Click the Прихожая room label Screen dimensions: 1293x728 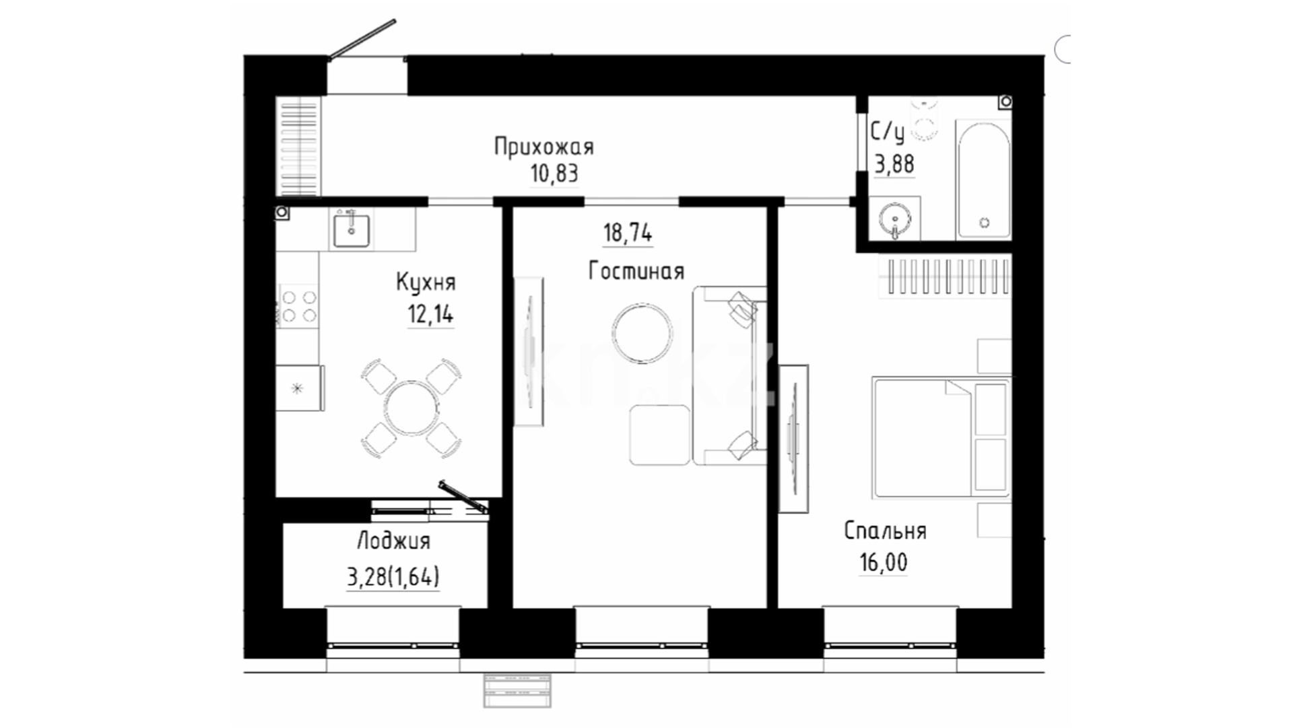[543, 146]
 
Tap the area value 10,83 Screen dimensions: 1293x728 [554, 174]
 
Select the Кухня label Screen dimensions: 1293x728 [426, 282]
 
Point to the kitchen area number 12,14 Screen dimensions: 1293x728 [430, 314]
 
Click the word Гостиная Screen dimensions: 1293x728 [636, 271]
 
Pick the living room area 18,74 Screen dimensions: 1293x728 [628, 233]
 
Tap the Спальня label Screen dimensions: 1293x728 [885, 531]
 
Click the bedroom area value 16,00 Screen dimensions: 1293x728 [883, 562]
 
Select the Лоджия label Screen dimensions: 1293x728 [393, 541]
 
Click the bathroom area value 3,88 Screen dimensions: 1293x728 [894, 164]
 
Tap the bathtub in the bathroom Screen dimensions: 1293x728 [984, 179]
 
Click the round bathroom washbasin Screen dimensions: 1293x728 [895, 218]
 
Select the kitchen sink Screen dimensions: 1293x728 [352, 229]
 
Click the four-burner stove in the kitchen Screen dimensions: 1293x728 [299, 306]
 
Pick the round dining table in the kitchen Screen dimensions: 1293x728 [411, 408]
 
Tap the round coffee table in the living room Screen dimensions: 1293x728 [642, 334]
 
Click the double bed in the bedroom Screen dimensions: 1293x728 [941, 437]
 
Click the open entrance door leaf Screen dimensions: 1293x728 [362, 40]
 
